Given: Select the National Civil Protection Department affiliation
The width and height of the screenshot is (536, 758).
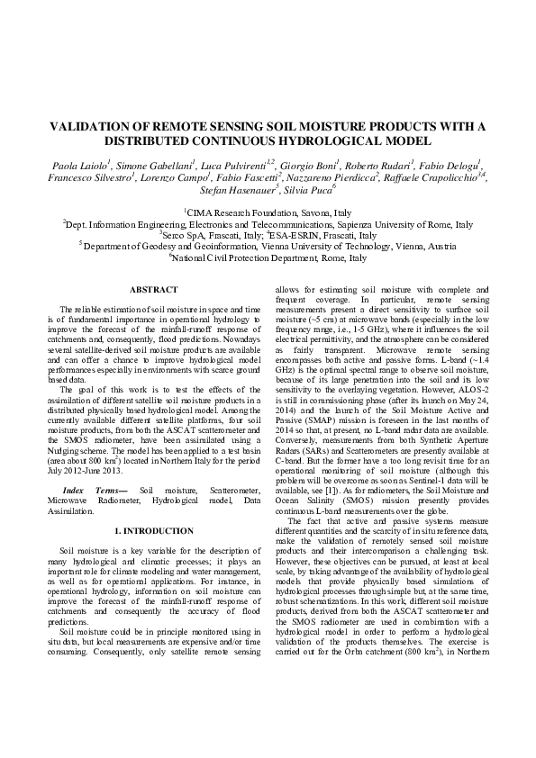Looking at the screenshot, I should (268, 257).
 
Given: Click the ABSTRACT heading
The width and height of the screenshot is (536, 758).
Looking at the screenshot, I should (154, 289).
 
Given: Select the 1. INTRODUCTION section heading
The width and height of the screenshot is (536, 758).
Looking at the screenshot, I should (154, 531).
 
